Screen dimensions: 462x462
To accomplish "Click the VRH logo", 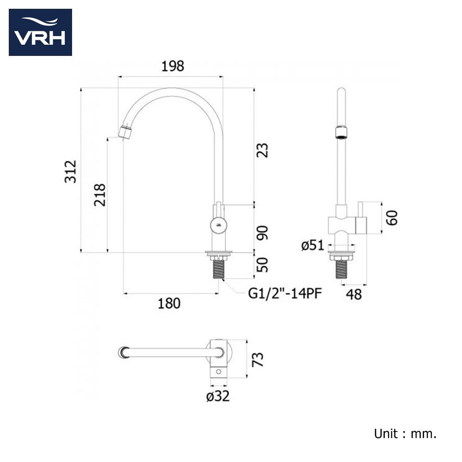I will click(x=40, y=32).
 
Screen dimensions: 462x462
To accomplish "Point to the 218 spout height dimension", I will click(x=100, y=195).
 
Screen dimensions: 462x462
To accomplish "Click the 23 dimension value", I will click(x=262, y=151).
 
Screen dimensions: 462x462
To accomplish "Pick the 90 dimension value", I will click(x=262, y=232).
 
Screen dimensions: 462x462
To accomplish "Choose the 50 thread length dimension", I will click(x=262, y=265).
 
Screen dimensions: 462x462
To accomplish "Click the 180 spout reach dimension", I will click(x=169, y=303).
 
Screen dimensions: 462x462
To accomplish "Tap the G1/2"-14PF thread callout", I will click(x=285, y=293).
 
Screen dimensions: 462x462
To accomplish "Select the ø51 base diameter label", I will click(x=313, y=245).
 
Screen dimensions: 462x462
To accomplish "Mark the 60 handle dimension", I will click(x=392, y=217).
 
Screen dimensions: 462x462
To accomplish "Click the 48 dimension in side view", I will click(x=354, y=294).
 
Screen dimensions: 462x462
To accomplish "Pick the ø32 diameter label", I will click(x=219, y=396).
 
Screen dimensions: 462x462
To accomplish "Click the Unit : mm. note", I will click(x=405, y=434).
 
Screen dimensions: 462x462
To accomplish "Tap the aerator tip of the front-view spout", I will click(x=125, y=132).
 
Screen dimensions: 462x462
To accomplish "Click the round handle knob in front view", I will click(x=218, y=226).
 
